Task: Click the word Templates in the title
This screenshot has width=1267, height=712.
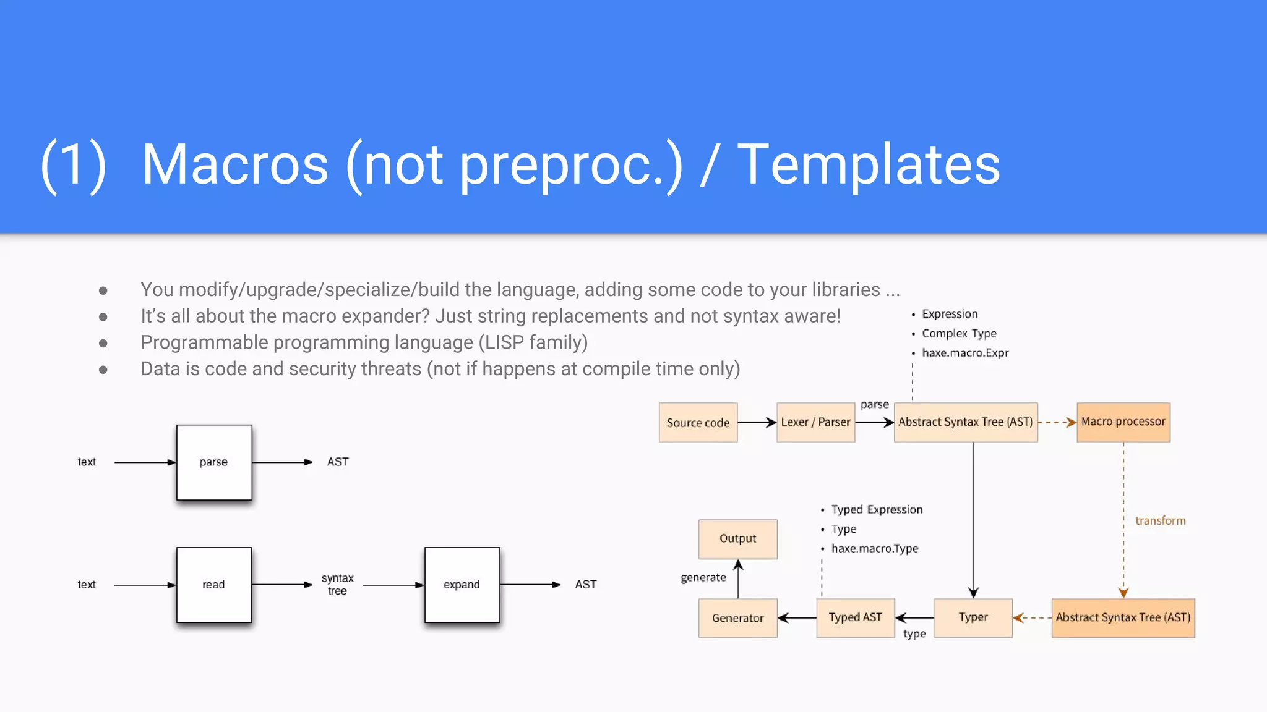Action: point(869,164)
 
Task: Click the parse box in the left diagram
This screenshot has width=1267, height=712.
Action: point(214,462)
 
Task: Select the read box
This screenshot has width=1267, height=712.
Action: point(214,585)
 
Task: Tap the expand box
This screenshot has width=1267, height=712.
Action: point(462,585)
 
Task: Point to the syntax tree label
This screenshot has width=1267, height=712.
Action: point(337,585)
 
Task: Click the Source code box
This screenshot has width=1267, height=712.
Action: point(698,423)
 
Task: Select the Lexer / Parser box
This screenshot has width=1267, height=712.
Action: point(815,423)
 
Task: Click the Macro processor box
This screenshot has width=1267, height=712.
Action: point(1123,422)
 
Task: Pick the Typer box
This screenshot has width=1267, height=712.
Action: point(973,617)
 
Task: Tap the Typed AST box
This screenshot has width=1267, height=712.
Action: point(855,617)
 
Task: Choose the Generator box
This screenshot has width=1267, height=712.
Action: point(737,618)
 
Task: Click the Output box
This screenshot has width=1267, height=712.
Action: point(737,539)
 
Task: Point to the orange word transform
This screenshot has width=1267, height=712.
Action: point(1160,521)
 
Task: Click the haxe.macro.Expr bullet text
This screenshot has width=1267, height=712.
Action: point(964,353)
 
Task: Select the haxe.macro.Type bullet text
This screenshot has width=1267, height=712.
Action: point(874,549)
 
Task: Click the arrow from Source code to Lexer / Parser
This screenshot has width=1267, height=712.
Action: point(757,423)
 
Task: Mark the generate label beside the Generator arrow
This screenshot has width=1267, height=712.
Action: point(703,578)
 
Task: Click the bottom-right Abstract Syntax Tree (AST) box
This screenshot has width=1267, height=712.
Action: point(1123,617)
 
